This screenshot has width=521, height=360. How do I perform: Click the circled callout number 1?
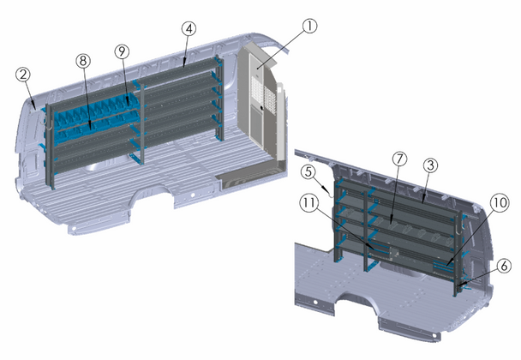(x=309, y=26)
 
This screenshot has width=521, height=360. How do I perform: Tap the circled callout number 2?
(x=23, y=75)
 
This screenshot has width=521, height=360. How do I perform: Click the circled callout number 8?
(x=82, y=62)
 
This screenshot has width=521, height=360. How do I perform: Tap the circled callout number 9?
(x=124, y=52)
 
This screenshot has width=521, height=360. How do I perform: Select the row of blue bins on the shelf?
(x=90, y=116)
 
